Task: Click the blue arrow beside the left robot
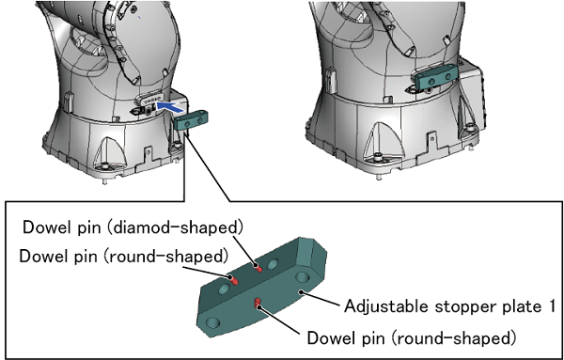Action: click(x=171, y=107)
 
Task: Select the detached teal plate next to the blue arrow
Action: click(x=191, y=120)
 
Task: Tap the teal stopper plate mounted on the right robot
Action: click(x=436, y=78)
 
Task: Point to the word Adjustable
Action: click(x=387, y=306)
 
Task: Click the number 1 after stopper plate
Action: click(x=551, y=306)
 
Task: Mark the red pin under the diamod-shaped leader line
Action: click(x=258, y=268)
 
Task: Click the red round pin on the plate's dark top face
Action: click(x=233, y=279)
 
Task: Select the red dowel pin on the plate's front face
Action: click(x=258, y=304)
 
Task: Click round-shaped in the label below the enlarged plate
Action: click(x=454, y=338)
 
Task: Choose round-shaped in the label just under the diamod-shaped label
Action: click(x=166, y=256)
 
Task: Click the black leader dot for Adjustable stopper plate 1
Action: click(x=302, y=292)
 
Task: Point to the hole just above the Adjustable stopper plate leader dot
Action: click(x=302, y=277)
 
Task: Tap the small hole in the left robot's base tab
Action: click(x=149, y=152)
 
